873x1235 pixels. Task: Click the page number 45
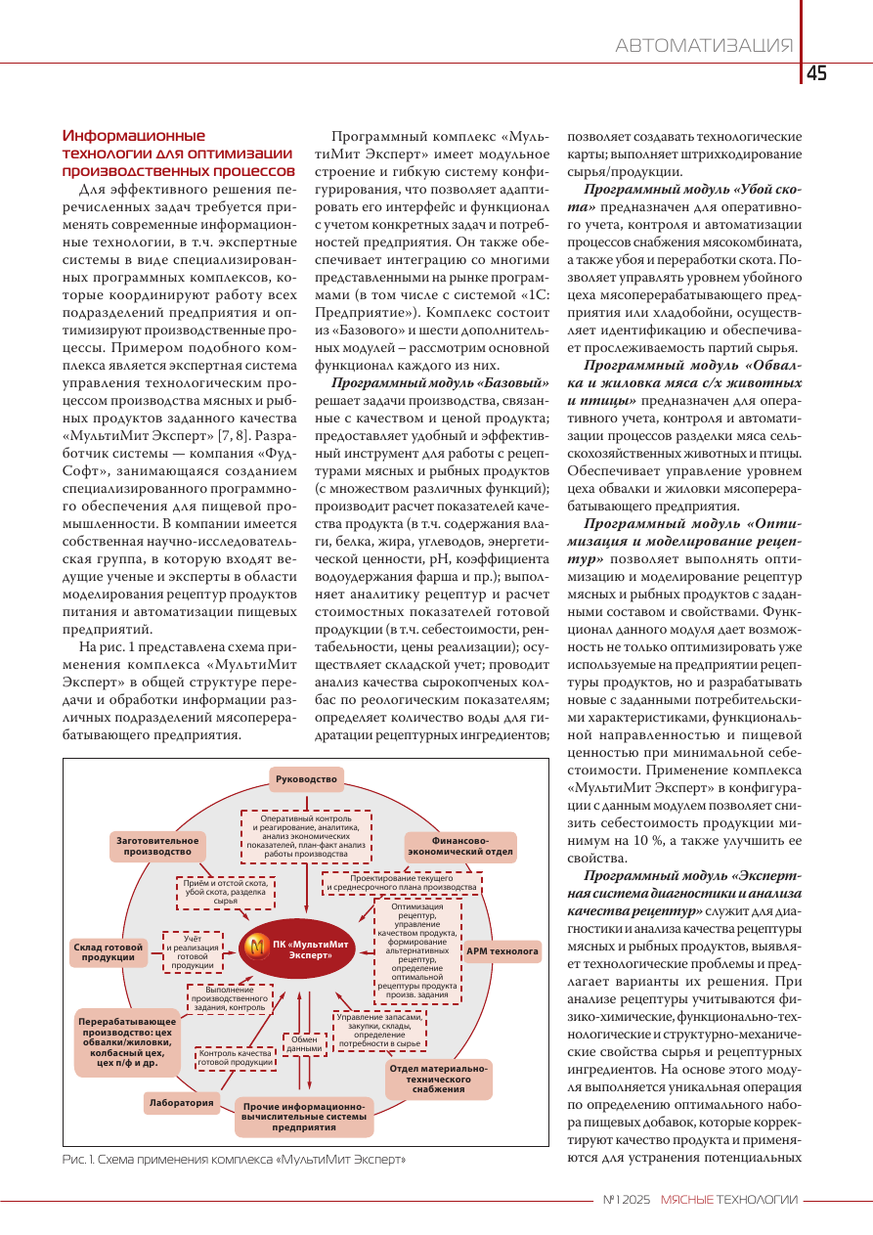[817, 74]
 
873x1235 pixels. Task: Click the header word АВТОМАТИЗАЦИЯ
[704, 46]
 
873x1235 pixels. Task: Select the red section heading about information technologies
[177, 153]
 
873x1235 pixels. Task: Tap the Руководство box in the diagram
[306, 779]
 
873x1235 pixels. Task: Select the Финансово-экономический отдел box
[460, 846]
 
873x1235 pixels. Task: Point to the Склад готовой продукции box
[109, 952]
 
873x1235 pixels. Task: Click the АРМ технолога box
[502, 950]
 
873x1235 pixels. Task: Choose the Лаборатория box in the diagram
[181, 1103]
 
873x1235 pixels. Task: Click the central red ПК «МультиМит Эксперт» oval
[297, 948]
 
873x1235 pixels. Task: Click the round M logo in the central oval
[257, 948]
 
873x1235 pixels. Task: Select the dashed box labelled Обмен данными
[304, 1042]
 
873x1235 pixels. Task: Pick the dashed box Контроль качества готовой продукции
[235, 1058]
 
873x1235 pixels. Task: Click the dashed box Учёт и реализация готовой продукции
[193, 951]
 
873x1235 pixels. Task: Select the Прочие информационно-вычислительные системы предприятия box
[304, 1117]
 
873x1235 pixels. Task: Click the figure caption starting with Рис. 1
[234, 1159]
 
